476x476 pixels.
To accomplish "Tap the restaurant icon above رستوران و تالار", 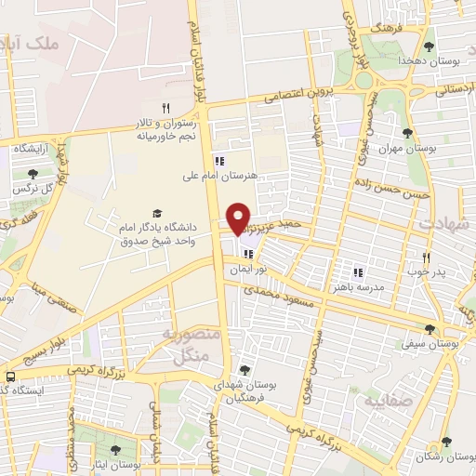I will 165,107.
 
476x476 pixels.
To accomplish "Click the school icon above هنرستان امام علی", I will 219,159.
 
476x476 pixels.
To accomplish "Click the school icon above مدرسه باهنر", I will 358,272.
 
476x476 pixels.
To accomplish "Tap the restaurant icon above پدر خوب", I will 427,258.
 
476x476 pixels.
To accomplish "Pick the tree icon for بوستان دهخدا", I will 429,46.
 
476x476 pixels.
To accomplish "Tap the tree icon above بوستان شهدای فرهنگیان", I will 245,370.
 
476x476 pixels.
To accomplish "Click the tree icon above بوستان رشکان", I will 446,443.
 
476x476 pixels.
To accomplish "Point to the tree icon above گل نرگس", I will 33,173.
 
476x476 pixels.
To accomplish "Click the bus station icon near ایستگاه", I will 9,377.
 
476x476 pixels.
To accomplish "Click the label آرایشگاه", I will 31,149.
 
